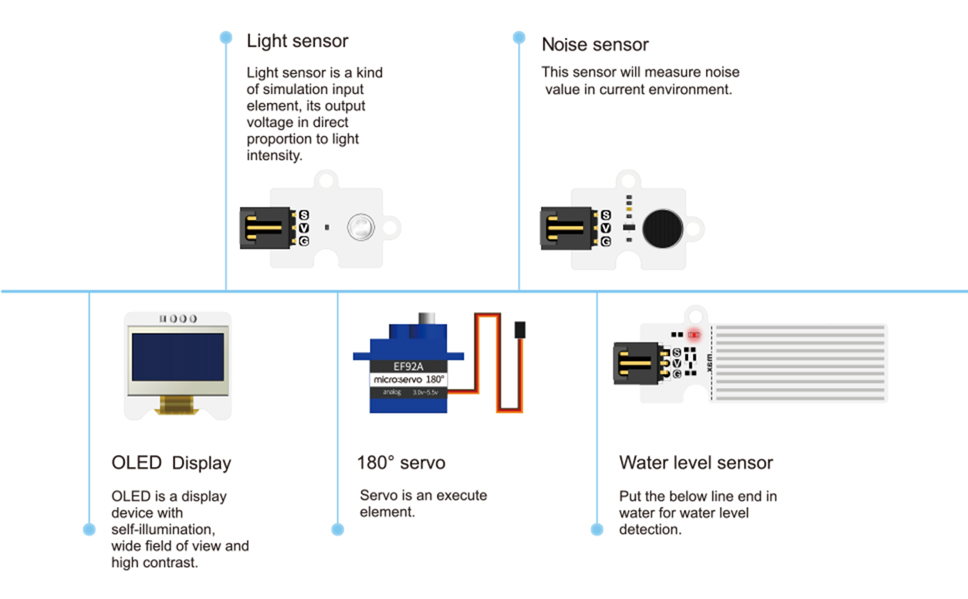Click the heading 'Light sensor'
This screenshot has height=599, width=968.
click(x=297, y=41)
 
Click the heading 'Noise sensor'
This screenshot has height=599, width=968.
click(x=595, y=45)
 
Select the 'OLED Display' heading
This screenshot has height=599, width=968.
click(x=171, y=463)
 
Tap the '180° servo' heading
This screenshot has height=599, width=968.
click(x=401, y=463)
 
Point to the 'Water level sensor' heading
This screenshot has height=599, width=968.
click(x=696, y=463)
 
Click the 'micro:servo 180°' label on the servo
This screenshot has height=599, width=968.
click(x=409, y=380)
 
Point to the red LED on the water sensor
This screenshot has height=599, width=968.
click(x=694, y=335)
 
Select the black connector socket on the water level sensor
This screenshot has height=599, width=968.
click(x=640, y=362)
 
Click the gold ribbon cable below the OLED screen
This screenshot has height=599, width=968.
click(x=178, y=405)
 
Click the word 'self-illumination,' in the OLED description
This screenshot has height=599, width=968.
click(x=163, y=530)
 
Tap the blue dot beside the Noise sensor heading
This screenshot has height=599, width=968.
click(x=519, y=36)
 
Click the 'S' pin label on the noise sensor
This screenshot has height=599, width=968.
click(x=606, y=216)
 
